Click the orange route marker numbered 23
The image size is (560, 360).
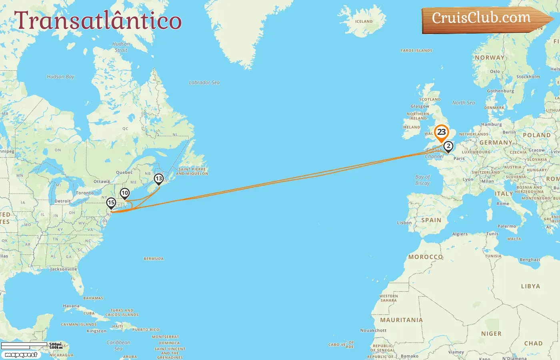coord(441,132)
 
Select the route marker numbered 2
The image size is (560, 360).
coord(448,146)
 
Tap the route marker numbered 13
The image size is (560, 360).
coord(159,179)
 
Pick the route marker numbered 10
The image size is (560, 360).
coord(125,194)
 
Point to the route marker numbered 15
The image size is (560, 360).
coord(111,203)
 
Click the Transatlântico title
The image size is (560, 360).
coord(98,20)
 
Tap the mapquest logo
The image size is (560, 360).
coord(21,355)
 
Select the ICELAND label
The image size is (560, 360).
coord(364,22)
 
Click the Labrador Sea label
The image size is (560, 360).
coord(204,82)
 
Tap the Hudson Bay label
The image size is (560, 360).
coord(60,76)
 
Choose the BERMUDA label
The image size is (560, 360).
coord(154,259)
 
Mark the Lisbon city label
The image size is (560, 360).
coord(404,223)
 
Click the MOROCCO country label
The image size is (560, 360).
coord(425,257)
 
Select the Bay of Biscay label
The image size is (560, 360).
coord(422,180)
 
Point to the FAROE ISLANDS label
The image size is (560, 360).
coord(416,51)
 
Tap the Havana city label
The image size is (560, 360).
coord(71,306)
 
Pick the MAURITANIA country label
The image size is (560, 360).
coord(401,320)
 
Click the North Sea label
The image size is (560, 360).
coord(464,103)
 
